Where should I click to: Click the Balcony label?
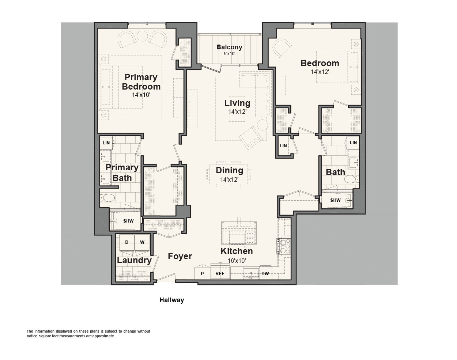229,47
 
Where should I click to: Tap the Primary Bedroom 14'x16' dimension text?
141,95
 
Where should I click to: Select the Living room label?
237,103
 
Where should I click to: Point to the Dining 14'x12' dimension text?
229,179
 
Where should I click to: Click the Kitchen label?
237,251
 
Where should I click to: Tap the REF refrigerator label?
220,274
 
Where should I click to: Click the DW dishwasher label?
265,274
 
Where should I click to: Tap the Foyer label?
180,256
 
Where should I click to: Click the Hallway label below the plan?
171,300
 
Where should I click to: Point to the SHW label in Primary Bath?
128,221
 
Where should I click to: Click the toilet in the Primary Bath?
107,198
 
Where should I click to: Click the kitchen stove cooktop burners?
284,246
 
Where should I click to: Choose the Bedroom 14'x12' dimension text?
320,72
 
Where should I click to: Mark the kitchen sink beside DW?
251,274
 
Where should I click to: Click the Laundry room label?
134,261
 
